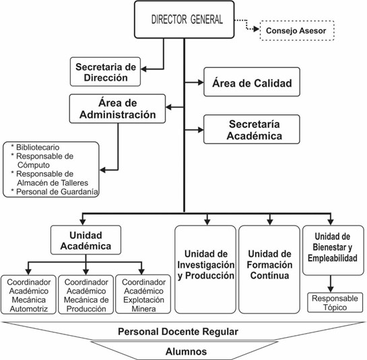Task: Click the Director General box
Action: (185, 20)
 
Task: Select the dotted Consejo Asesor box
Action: (297, 31)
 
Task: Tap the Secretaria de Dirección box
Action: (105, 72)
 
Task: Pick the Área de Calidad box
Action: (252, 82)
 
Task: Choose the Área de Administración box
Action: (117, 109)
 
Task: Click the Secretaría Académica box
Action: (252, 129)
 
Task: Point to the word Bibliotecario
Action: (38, 147)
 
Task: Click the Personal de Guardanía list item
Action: (55, 192)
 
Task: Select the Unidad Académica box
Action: (86, 240)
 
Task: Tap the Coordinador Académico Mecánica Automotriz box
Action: (28, 295)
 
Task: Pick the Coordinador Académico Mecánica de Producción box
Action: (86, 295)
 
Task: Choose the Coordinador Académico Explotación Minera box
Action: (143, 294)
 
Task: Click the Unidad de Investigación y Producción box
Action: (205, 269)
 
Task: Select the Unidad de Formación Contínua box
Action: (269, 269)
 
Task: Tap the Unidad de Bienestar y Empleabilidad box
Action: (333, 250)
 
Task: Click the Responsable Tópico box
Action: (335, 302)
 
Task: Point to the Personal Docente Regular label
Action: (178, 332)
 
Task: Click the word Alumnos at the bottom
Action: (186, 351)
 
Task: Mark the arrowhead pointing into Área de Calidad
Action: (201, 82)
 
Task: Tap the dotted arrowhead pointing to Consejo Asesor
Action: (257, 29)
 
